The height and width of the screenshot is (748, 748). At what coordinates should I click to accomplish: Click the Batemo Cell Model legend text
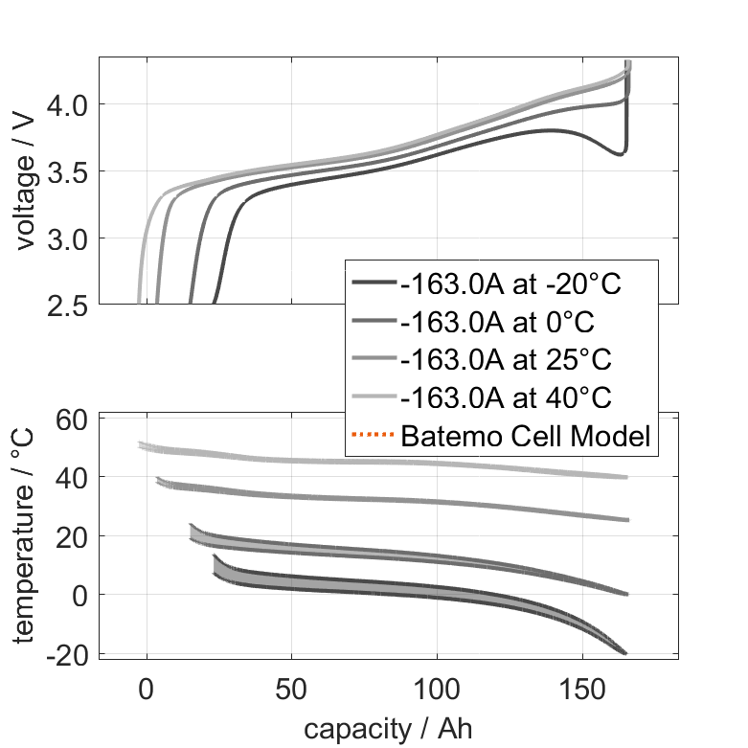[526, 436]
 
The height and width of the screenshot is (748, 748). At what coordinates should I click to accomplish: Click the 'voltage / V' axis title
[25, 182]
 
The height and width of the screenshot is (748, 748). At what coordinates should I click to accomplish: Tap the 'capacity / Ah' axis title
[388, 728]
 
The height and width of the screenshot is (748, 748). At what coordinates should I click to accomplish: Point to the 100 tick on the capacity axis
[437, 687]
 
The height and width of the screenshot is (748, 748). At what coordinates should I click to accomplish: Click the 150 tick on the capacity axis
[581, 687]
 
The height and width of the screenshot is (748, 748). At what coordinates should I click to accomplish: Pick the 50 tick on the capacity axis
[291, 687]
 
